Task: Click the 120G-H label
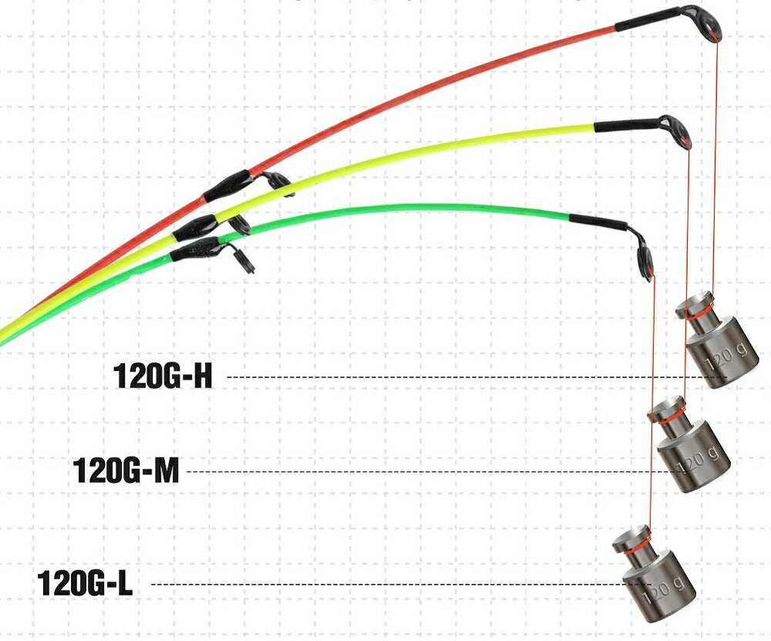coord(163,376)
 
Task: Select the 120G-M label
coord(126,470)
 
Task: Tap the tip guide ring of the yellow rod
coord(682,133)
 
